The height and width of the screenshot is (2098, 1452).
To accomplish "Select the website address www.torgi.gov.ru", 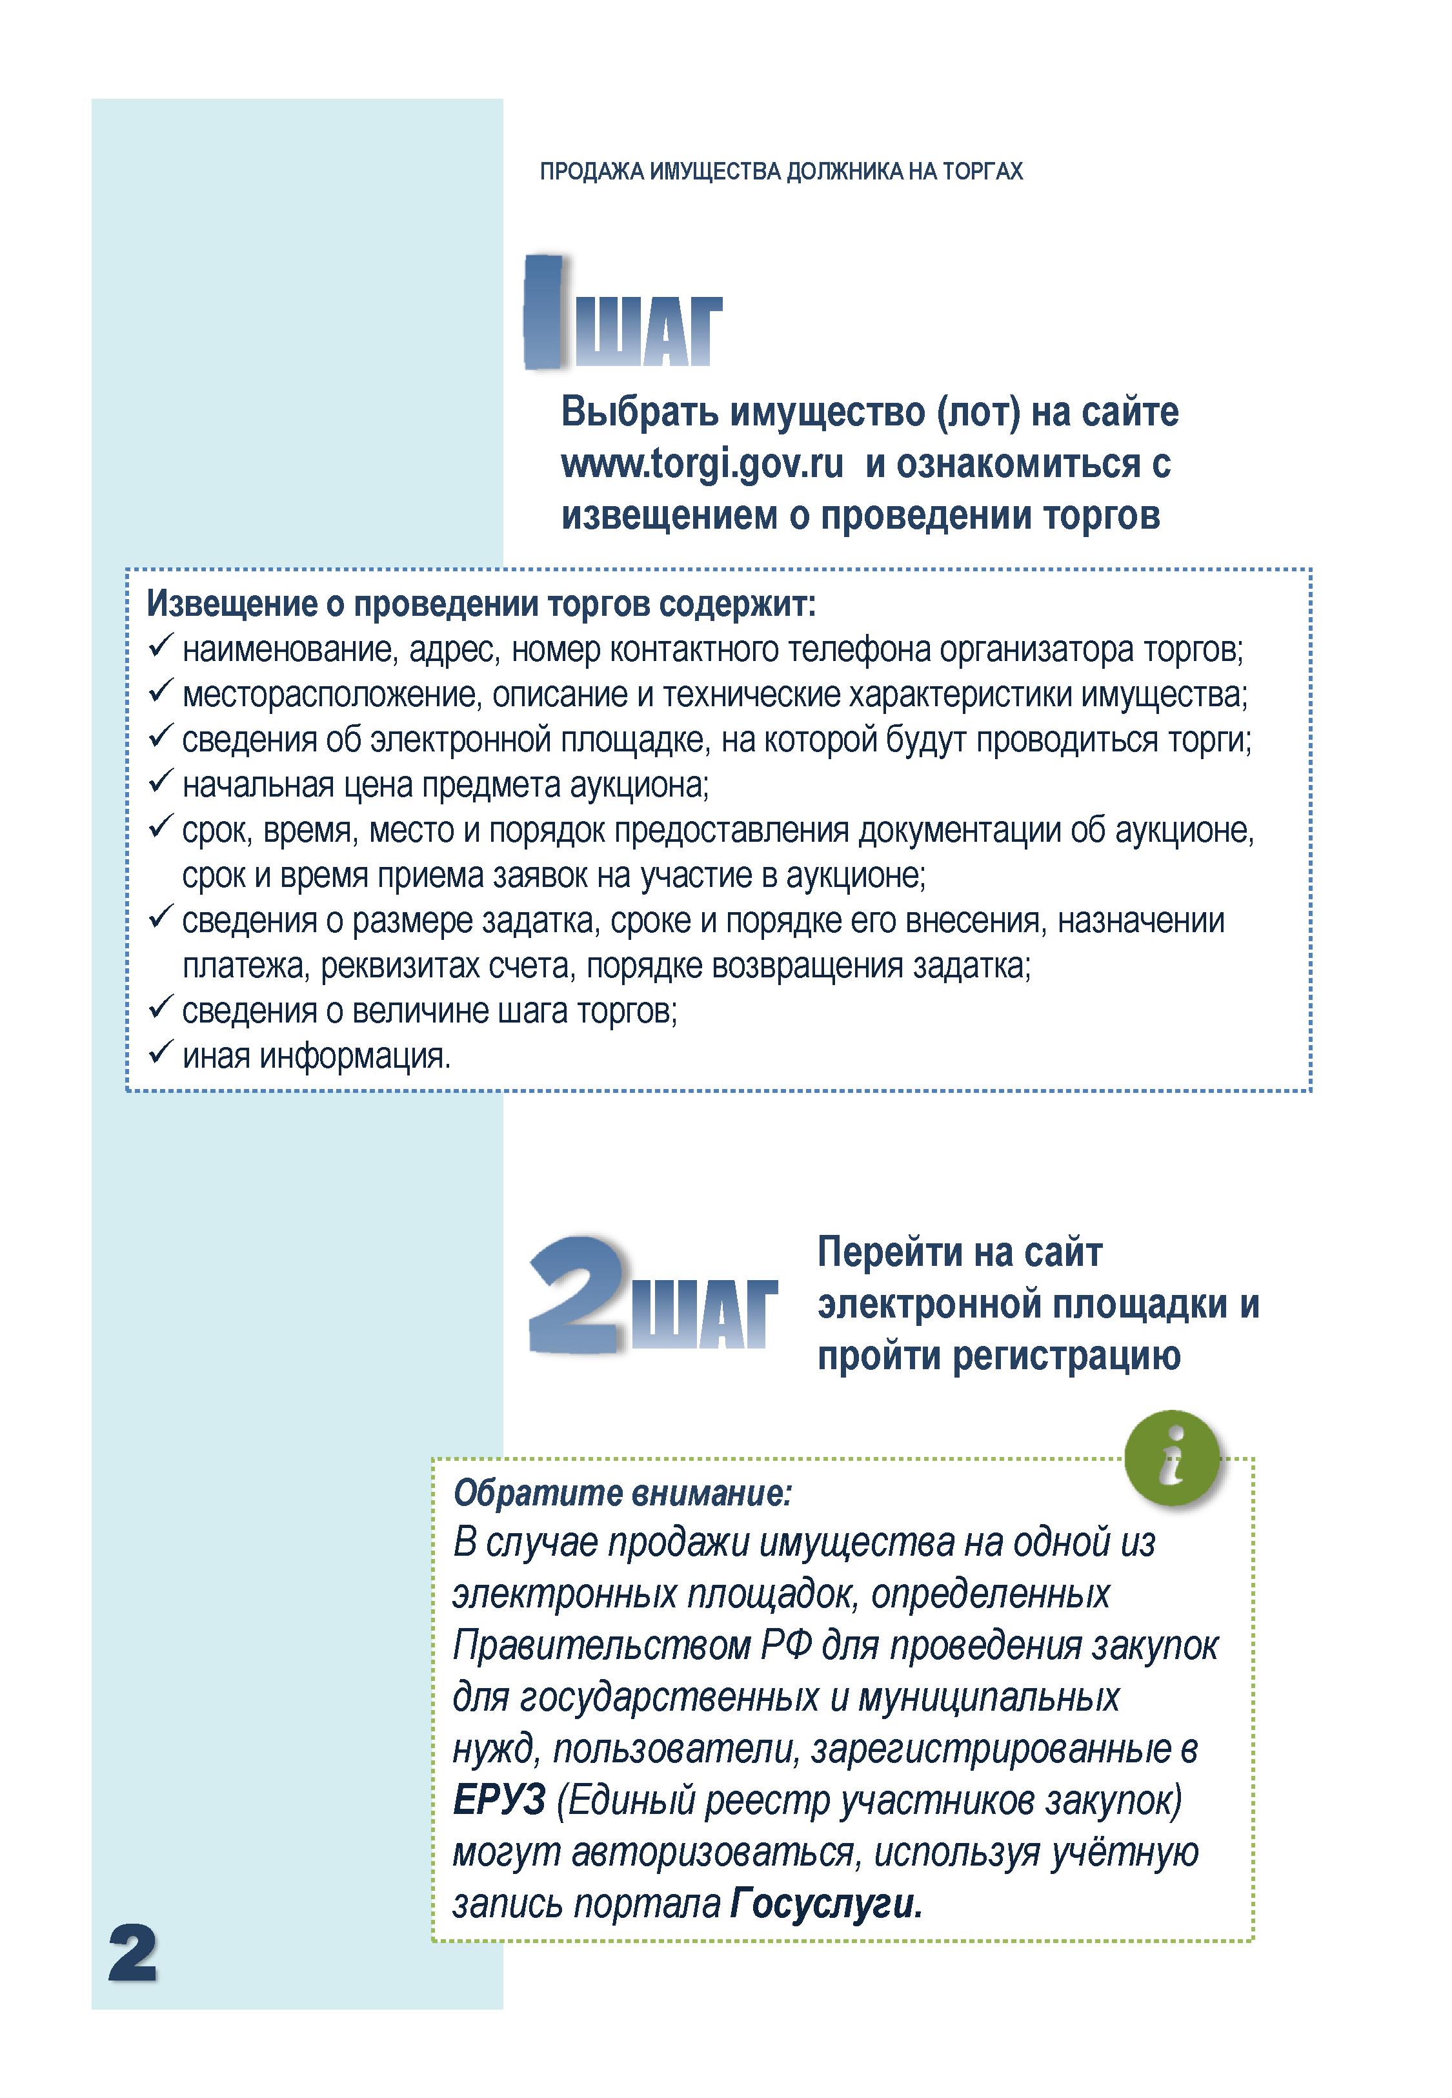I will tap(702, 464).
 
